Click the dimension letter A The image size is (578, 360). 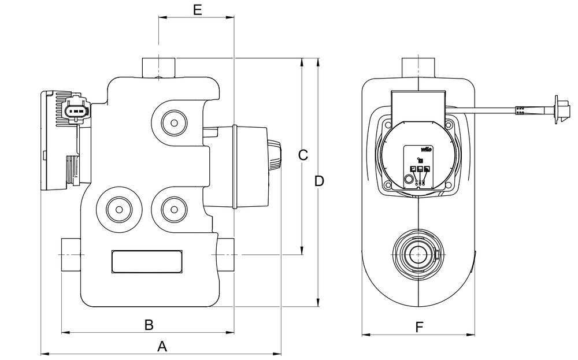point(162,347)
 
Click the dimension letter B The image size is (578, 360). point(149,325)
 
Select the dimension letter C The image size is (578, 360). point(303,155)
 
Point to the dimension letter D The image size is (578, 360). point(319,181)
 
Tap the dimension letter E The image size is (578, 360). point(197,10)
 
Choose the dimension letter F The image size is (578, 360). point(419,327)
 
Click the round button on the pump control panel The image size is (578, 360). point(409,180)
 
